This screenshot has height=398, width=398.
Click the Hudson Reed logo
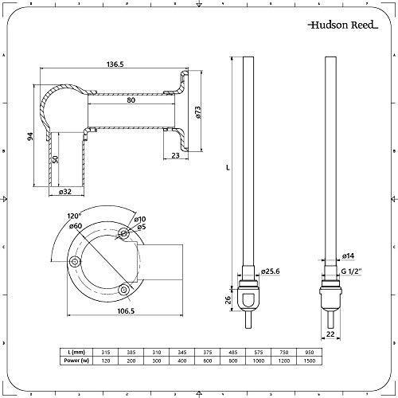click(x=343, y=25)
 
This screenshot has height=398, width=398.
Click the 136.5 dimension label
click(x=115, y=64)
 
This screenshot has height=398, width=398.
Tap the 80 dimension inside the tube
click(x=131, y=100)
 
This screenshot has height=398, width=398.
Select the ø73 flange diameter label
click(x=198, y=112)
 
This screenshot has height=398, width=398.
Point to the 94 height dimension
click(x=30, y=136)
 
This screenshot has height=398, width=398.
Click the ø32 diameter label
click(x=65, y=191)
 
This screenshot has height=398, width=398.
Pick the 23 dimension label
click(x=175, y=155)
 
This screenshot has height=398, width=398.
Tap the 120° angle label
click(x=73, y=216)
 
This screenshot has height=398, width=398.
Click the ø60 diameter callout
click(x=76, y=226)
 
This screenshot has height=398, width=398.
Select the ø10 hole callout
click(x=140, y=219)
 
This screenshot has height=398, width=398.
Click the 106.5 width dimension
click(x=126, y=310)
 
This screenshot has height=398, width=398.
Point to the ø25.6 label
click(x=270, y=271)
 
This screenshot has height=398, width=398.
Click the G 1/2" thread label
click(x=352, y=271)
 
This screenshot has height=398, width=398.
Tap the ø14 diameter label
click(x=348, y=256)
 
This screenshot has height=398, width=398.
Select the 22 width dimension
click(x=330, y=334)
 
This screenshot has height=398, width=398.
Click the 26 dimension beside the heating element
click(x=228, y=300)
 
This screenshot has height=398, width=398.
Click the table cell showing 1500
click(x=310, y=361)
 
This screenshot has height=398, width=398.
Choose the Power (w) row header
click(x=76, y=361)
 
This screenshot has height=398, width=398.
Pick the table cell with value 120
click(x=106, y=361)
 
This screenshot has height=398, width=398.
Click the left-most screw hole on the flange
click(x=75, y=262)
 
